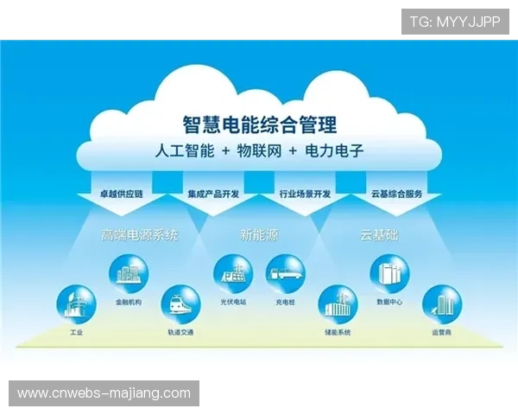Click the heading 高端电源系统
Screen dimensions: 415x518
pyautogui.click(x=139, y=234)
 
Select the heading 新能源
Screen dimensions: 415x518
pyautogui.click(x=258, y=234)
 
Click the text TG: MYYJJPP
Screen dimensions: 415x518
pyautogui.click(x=455, y=22)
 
